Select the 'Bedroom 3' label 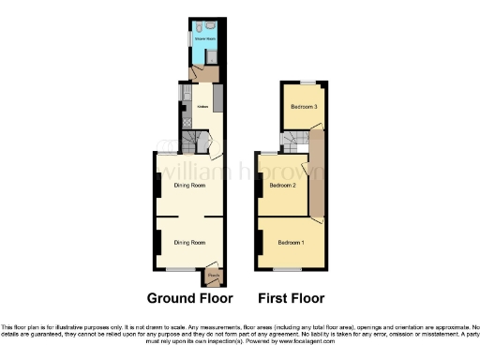pyautogui.click(x=303, y=108)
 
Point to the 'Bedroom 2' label pyautogui.click(x=283, y=186)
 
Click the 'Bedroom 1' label pyautogui.click(x=291, y=244)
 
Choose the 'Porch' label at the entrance pyautogui.click(x=213, y=276)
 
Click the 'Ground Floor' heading pyautogui.click(x=189, y=299)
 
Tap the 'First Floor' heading pyautogui.click(x=291, y=299)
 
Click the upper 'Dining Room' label pyautogui.click(x=189, y=186)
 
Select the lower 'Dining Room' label pyautogui.click(x=189, y=242)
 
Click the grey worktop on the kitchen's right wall pyautogui.click(x=218, y=96)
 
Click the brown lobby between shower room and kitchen pyautogui.click(x=200, y=71)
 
